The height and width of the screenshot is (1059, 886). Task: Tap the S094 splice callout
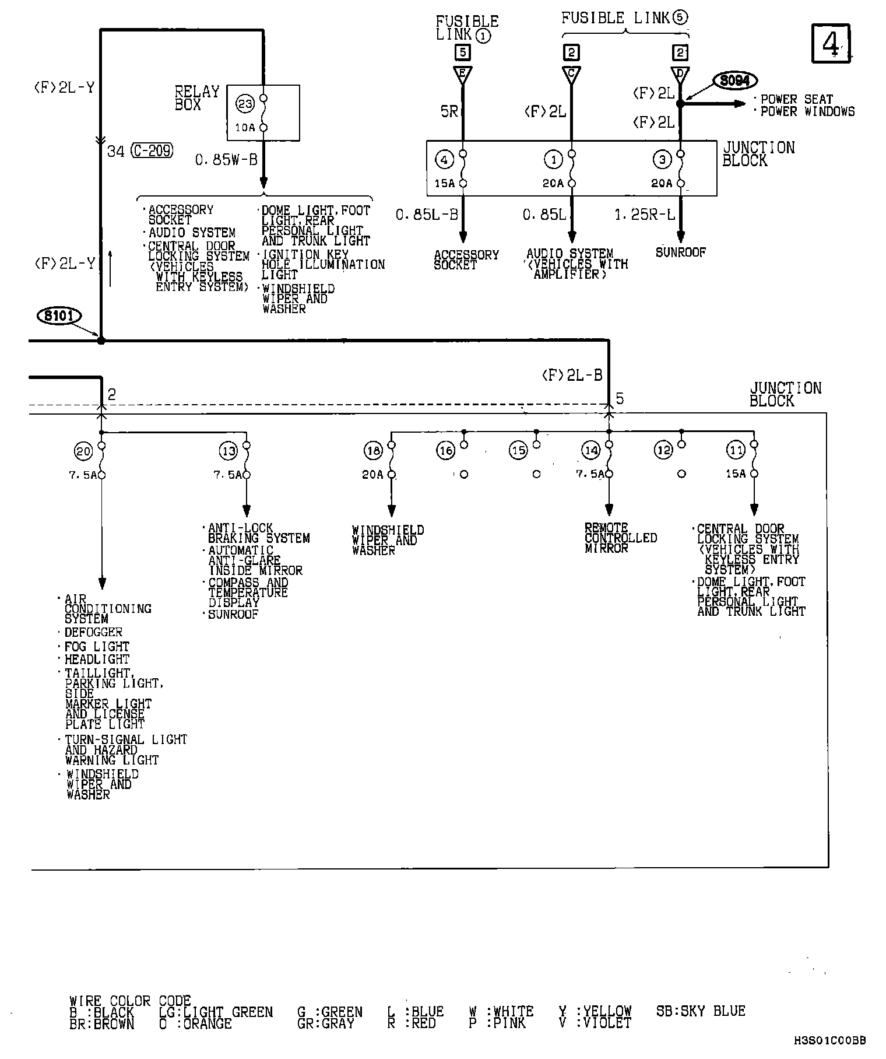[x=734, y=80]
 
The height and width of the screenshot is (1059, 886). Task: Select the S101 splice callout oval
[x=59, y=317]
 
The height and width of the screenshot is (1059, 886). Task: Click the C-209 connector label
[x=152, y=151]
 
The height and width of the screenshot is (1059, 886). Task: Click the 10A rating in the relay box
[x=245, y=127]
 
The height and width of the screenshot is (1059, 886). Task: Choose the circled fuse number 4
[x=444, y=159]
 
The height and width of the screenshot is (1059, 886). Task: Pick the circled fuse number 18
[x=373, y=450]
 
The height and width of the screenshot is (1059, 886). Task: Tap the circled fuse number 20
[x=83, y=451]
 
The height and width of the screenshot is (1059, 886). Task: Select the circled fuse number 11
[x=736, y=450]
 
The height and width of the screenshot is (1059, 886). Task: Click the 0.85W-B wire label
[x=226, y=160]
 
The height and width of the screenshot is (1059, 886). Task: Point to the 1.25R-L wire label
[x=645, y=215]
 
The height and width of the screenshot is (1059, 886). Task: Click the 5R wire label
[x=449, y=111]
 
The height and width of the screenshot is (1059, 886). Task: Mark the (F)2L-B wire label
[x=572, y=376]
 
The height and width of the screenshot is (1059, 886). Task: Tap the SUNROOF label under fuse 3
[x=681, y=253]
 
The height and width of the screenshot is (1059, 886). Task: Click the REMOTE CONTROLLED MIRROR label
[x=620, y=538]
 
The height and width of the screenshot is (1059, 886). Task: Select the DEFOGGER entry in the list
[x=93, y=632]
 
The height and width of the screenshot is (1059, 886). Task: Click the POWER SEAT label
[x=797, y=99]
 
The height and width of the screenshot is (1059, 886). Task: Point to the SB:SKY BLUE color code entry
[x=701, y=1011]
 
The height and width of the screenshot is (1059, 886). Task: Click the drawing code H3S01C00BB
[x=830, y=1040]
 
